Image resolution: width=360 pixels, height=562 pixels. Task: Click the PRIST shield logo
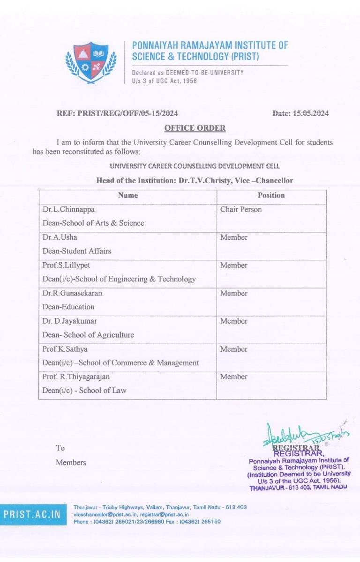coord(91,62)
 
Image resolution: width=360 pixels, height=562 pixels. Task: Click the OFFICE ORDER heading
coord(195,128)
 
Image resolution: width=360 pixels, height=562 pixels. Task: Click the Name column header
coord(127,195)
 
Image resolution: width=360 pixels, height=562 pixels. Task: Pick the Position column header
coord(271,195)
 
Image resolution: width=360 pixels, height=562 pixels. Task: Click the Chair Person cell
coord(241,209)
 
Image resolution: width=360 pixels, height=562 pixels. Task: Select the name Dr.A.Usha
coord(60,237)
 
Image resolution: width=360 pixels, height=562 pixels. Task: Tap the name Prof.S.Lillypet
coord(67,265)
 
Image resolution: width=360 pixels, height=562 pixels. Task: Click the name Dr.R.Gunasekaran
coord(72,293)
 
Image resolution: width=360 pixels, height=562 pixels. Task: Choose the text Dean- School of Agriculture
coord(88,335)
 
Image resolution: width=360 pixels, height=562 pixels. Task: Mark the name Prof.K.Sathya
coord(65,349)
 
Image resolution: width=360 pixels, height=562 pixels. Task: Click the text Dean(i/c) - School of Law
coord(84,391)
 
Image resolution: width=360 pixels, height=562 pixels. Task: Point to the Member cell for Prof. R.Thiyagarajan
coord(234,377)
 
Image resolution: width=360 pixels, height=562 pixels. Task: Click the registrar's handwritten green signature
coord(300,434)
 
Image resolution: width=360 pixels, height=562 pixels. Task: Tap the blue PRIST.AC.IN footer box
coord(33,514)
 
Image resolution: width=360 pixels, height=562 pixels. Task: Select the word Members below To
coord(71,463)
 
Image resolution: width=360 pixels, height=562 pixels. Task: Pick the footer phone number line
coord(147,521)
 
